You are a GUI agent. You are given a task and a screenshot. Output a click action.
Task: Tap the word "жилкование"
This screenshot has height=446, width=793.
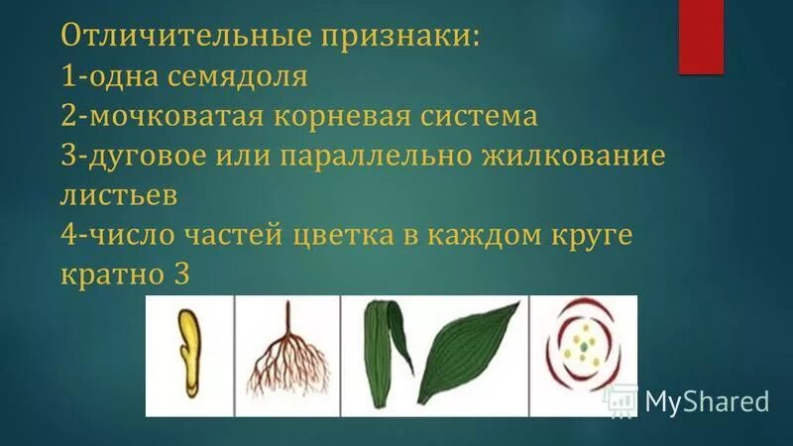576,156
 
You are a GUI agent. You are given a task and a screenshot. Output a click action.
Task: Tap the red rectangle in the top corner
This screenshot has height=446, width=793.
701,37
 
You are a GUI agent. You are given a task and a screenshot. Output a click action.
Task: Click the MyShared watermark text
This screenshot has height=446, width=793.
707,401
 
